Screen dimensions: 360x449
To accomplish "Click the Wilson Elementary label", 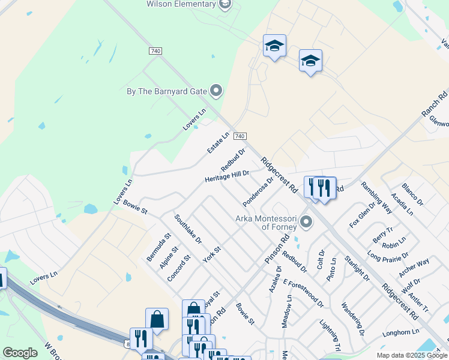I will [181, 4].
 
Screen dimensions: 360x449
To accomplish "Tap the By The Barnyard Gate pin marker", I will [217, 91].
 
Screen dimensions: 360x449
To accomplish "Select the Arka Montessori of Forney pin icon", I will [306, 223].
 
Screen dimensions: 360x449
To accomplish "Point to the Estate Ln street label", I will [218, 143].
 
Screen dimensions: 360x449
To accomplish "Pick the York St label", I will [212, 254].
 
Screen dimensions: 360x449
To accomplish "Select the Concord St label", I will [179, 267].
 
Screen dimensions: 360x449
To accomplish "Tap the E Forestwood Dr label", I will [303, 292].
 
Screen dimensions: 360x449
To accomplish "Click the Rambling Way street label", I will [376, 197].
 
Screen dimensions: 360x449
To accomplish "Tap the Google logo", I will [20, 353].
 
